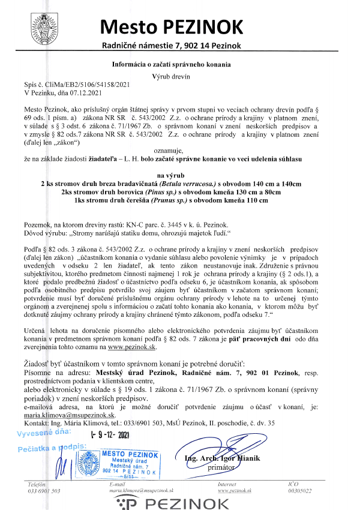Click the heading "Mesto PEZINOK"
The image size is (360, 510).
pyautogui.click(x=172, y=27)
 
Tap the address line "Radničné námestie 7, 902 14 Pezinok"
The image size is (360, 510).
pyautogui.click(x=172, y=46)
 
